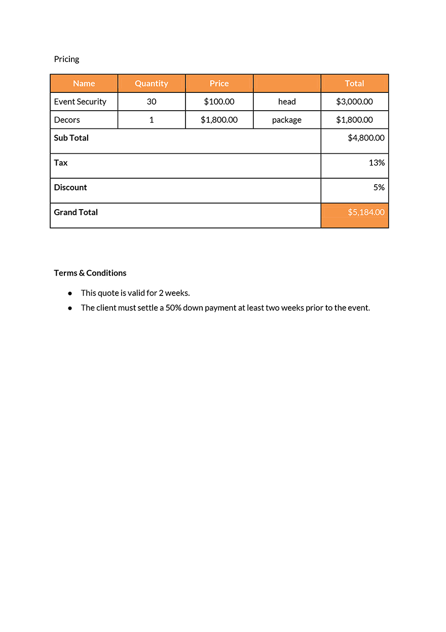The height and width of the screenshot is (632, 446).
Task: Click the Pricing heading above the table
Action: [66, 59]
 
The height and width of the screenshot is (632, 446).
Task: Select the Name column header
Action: [84, 83]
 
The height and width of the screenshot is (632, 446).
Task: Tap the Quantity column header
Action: [151, 83]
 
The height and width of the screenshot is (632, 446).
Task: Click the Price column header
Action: [219, 83]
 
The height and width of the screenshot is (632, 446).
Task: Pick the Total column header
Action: [354, 83]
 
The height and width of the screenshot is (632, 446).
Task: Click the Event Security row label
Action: [80, 102]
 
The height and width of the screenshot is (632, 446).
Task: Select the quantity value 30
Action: [151, 102]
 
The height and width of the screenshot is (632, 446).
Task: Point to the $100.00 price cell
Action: [219, 102]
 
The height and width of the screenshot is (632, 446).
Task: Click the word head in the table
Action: [286, 102]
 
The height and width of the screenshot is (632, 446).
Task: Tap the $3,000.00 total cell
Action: [354, 102]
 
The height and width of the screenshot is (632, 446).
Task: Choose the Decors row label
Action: [67, 120]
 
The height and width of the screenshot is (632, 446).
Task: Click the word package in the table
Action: [286, 120]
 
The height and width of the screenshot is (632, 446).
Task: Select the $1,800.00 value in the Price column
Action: [219, 120]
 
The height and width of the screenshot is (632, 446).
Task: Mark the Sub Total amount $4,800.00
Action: [366, 138]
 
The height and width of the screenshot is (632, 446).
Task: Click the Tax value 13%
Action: [377, 162]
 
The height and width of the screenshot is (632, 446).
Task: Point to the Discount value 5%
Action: [379, 187]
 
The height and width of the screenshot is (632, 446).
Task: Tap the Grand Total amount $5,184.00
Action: [366, 212]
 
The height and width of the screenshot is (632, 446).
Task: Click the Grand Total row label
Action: [76, 212]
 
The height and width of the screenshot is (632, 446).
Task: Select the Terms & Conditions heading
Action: [90, 273]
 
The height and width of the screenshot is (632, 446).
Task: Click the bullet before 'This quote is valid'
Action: [70, 293]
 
